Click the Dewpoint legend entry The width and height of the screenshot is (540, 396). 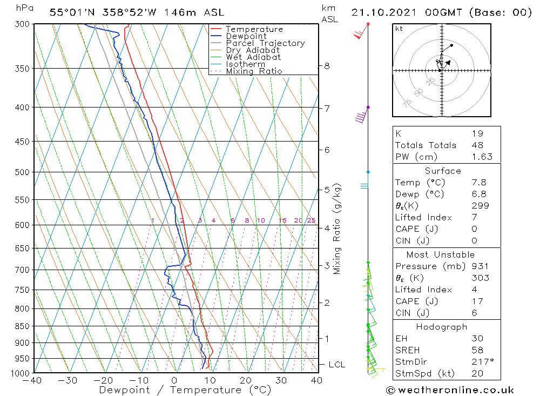click(x=246, y=36)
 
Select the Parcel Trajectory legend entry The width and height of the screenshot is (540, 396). click(x=265, y=43)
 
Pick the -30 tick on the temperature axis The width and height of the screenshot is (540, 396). click(x=68, y=380)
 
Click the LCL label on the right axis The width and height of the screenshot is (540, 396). click(x=336, y=365)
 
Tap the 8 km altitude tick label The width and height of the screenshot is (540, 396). click(x=327, y=66)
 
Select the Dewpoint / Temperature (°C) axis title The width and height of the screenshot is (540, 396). click(x=185, y=390)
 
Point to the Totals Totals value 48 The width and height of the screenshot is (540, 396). click(x=477, y=145)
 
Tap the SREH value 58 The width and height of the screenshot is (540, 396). click(x=477, y=350)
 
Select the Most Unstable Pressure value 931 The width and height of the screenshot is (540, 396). click(x=480, y=266)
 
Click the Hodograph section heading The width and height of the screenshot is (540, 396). click(x=442, y=327)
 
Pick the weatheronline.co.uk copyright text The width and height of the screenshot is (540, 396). click(x=450, y=390)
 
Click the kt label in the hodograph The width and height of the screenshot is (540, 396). click(x=399, y=29)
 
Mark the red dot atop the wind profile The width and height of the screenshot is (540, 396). click(x=368, y=24)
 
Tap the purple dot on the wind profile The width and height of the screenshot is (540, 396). click(x=368, y=107)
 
